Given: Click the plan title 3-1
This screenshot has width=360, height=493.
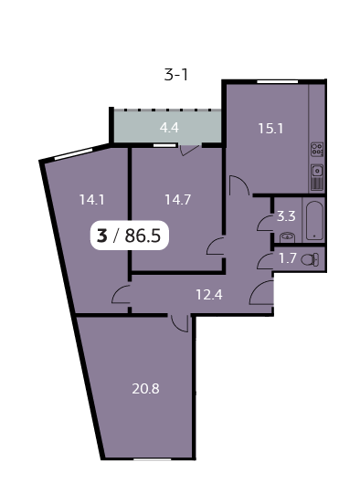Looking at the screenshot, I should pos(176,76).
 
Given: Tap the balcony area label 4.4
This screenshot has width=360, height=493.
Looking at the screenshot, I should pos(169,129).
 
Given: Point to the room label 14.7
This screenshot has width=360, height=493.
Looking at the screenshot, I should pos(178,198).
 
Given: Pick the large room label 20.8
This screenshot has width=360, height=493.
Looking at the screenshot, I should pos(146,388).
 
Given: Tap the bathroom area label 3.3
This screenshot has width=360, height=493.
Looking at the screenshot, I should pos(286,216).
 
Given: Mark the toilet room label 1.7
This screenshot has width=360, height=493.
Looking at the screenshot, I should pos(287,258).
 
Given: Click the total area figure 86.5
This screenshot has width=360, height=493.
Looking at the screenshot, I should pos(143,236).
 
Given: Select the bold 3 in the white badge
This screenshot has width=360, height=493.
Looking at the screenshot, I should pos(101,236).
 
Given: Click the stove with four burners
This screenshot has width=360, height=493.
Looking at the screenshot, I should pos(317,149).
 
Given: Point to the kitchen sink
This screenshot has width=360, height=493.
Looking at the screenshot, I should pos(317,169).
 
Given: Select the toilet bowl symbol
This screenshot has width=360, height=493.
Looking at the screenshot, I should pos(311,259).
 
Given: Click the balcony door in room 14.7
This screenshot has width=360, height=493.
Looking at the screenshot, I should pos(189,151).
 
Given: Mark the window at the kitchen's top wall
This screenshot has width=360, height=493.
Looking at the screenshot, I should pos(271,82).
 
